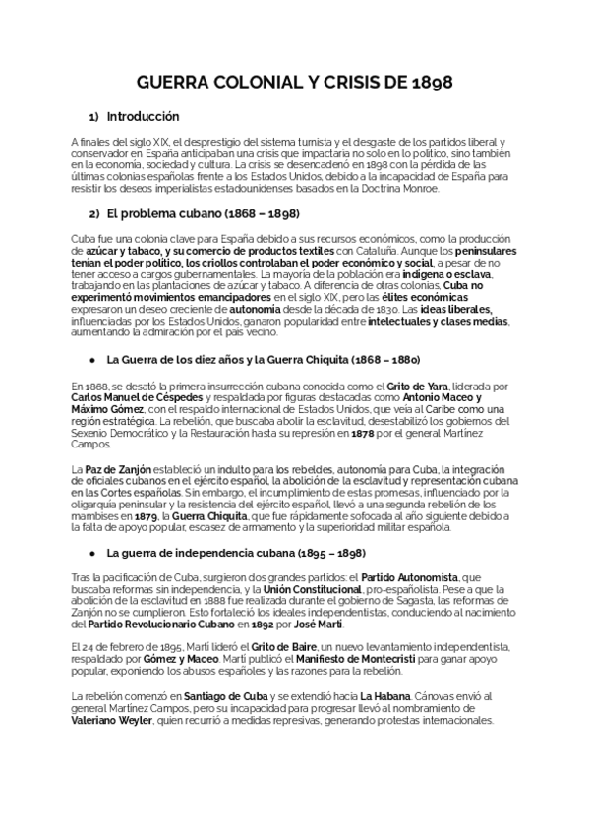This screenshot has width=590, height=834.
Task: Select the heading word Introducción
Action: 143,115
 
